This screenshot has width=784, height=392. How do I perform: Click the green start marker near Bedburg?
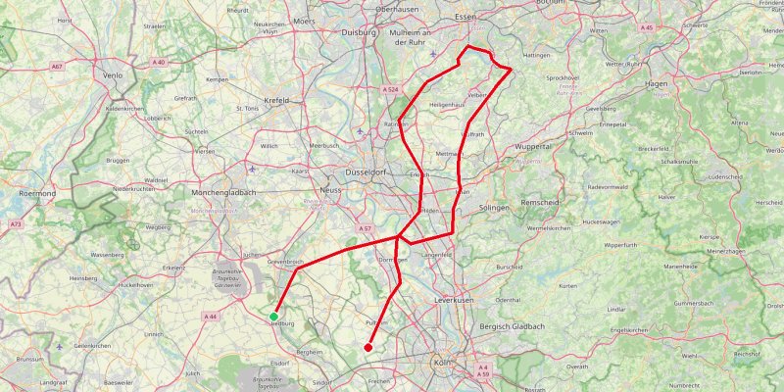[x=273, y=316]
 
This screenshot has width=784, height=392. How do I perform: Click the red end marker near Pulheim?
[x=368, y=347]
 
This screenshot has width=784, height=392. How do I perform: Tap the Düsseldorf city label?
[x=368, y=171]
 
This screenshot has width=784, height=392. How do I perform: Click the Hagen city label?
[x=656, y=84]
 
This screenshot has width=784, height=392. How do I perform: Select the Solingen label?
[x=496, y=209]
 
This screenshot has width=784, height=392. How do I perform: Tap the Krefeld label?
[x=277, y=100]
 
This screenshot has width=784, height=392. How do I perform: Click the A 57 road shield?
[x=365, y=228]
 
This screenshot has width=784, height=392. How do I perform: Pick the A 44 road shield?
[x=211, y=317]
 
